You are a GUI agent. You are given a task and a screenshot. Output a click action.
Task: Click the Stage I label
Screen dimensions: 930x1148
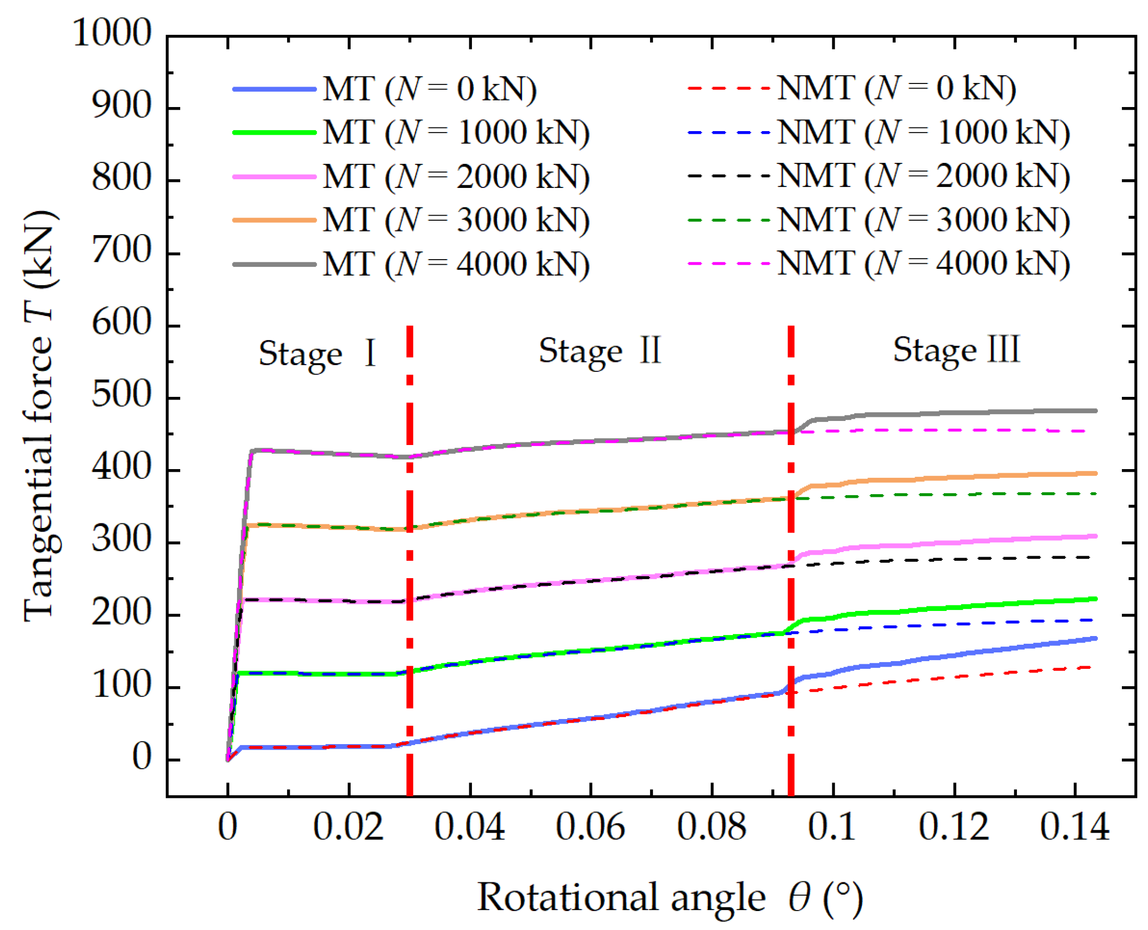[317, 353]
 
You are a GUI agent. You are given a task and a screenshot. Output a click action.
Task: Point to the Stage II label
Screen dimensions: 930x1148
[600, 351]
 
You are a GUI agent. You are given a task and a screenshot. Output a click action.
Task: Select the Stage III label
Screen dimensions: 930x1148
[956, 350]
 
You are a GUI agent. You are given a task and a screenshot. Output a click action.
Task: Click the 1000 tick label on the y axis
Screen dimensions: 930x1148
[112, 33]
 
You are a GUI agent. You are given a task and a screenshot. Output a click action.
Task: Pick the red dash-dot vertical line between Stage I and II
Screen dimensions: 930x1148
[409, 536]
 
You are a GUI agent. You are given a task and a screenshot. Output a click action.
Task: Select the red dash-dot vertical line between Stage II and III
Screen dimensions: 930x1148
[791, 536]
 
